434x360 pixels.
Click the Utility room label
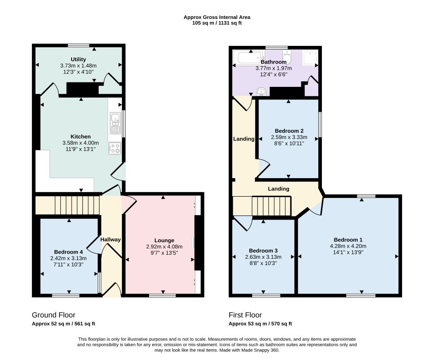pyautogui.click(x=78, y=59)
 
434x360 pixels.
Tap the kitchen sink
pyautogui.click(x=115, y=123)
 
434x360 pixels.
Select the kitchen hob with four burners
pyautogui.click(x=115, y=148)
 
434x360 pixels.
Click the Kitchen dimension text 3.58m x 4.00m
pyautogui.click(x=81, y=143)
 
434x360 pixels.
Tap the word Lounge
pyautogui.click(x=164, y=240)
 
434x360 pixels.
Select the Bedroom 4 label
pyautogui.click(x=68, y=252)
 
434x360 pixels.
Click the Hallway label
pyautogui.click(x=110, y=239)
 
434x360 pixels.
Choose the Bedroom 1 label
pyautogui.click(x=348, y=240)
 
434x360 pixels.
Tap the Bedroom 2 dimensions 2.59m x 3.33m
pyautogui.click(x=289, y=137)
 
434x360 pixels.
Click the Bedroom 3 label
pyautogui.click(x=263, y=251)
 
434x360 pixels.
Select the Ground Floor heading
pyautogui.click(x=54, y=315)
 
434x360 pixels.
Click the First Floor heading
pyautogui.click(x=245, y=315)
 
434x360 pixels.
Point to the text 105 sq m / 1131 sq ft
pyautogui.click(x=217, y=23)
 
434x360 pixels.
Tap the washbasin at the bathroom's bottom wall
pyautogui.click(x=262, y=91)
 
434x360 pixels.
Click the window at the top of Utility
pyautogui.click(x=79, y=45)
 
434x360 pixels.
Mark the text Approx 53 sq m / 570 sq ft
pyautogui.click(x=260, y=324)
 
